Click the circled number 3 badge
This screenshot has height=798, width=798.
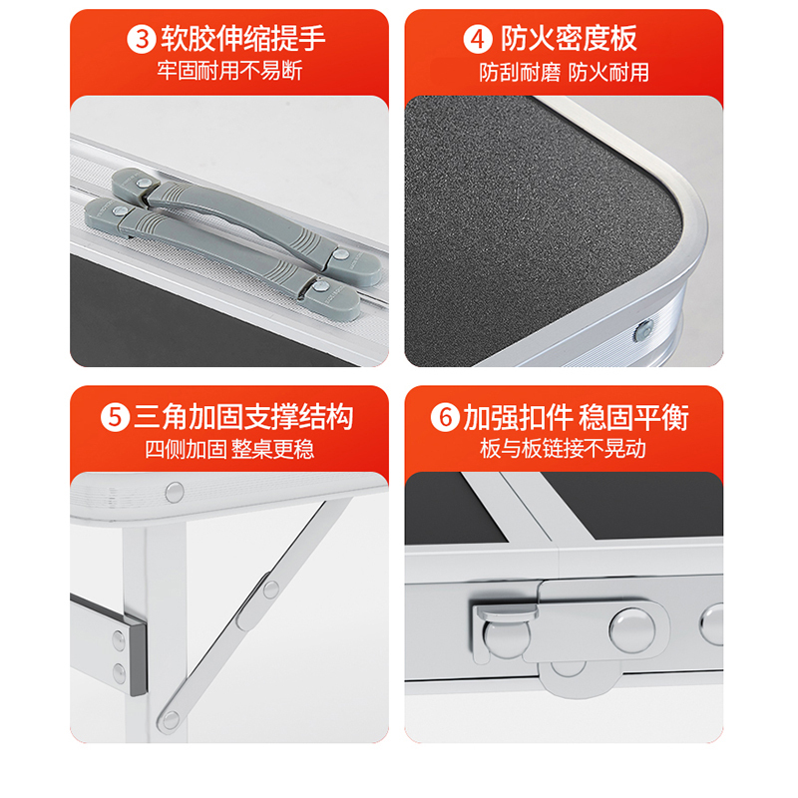143,41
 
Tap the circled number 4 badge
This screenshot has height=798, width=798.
479,41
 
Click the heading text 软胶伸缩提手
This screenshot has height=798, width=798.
242,41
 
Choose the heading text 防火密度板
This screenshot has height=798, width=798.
569,41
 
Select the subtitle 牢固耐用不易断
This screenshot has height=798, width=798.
229,72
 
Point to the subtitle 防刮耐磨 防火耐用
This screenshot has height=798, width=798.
564,72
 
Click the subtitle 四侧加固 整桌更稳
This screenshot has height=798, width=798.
229,448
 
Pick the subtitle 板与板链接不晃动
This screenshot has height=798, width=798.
563,448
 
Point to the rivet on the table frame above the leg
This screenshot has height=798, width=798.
175,491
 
